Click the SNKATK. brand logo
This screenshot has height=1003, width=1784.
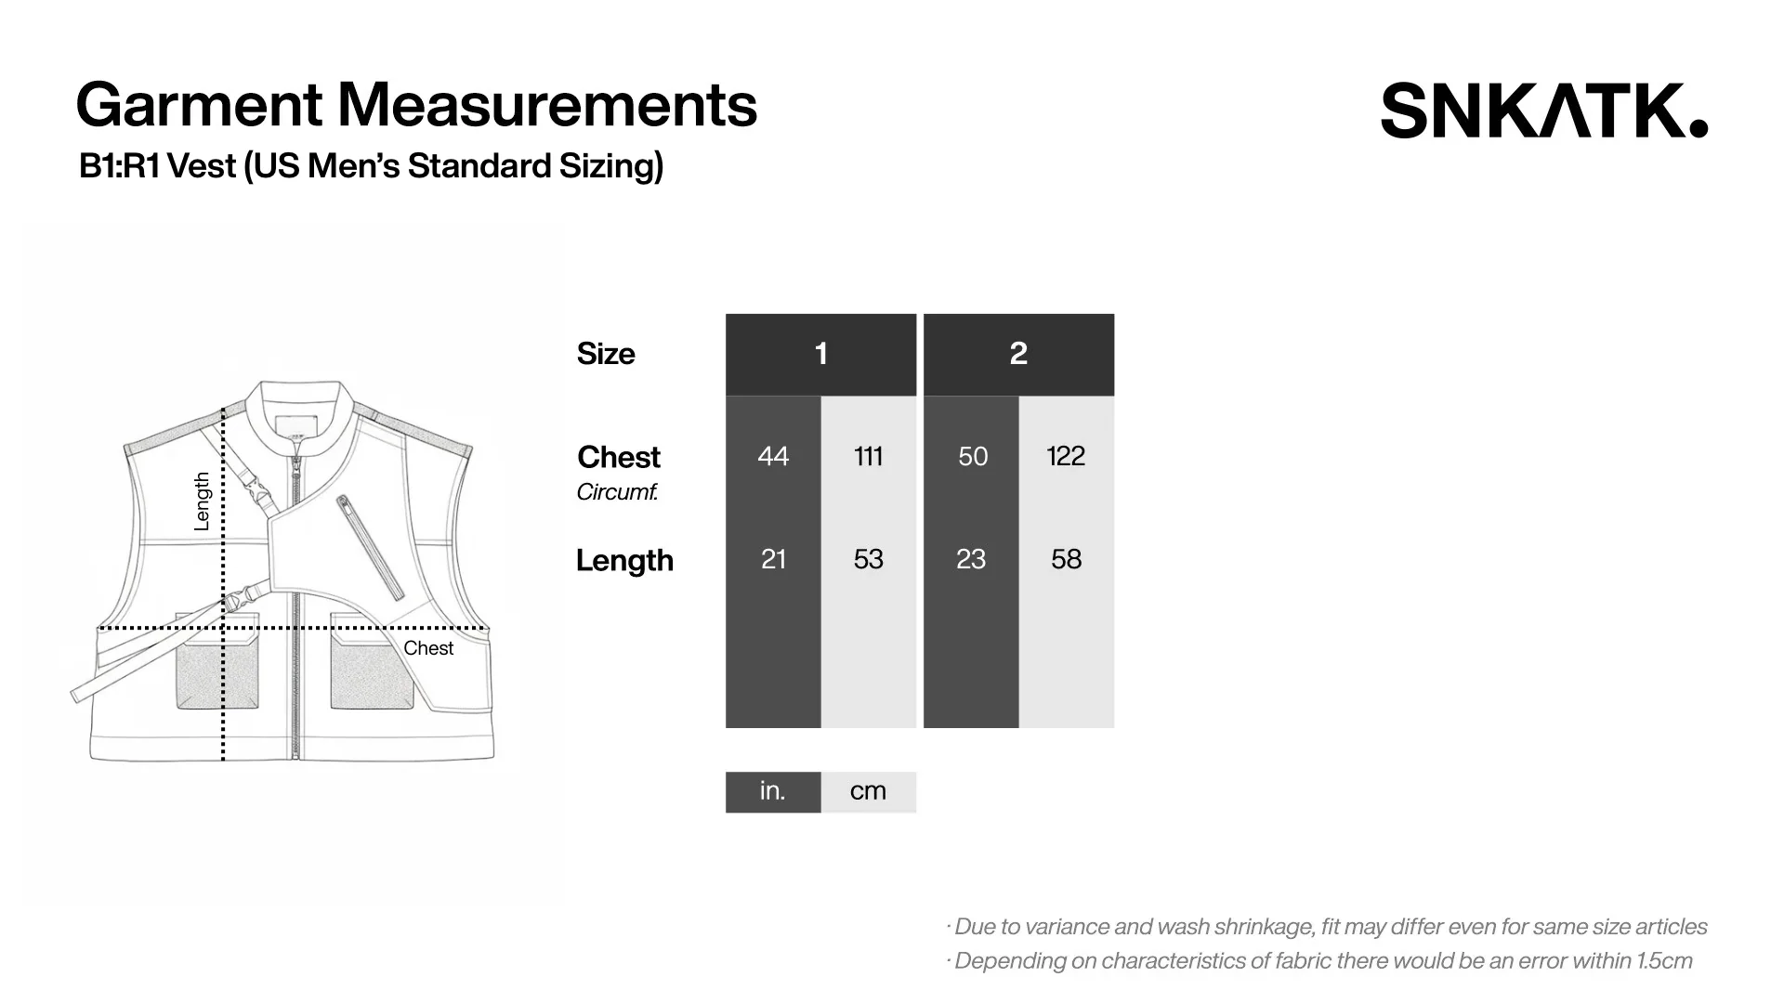point(1543,111)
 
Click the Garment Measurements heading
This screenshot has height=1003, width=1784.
point(416,104)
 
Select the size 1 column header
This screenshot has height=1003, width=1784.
point(820,354)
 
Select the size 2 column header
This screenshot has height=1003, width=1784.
point(1018,354)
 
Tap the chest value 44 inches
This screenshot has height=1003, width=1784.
point(773,456)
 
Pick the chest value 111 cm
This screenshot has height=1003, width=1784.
point(868,456)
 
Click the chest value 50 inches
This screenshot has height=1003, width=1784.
point(972,456)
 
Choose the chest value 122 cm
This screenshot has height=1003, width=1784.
point(1066,456)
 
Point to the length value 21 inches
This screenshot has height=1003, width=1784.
point(773,559)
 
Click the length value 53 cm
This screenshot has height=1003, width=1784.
point(868,559)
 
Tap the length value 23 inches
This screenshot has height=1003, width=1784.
point(971,559)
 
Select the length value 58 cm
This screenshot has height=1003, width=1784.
point(1066,559)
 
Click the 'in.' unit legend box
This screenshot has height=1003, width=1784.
point(773,791)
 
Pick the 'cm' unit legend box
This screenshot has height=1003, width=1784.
point(868,791)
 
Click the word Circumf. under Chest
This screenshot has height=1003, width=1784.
point(617,492)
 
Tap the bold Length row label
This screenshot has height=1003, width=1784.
point(624,560)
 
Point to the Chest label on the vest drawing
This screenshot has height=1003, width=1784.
point(428,648)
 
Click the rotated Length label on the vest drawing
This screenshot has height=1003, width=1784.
point(202,501)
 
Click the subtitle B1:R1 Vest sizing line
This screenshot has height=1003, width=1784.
point(371,166)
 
